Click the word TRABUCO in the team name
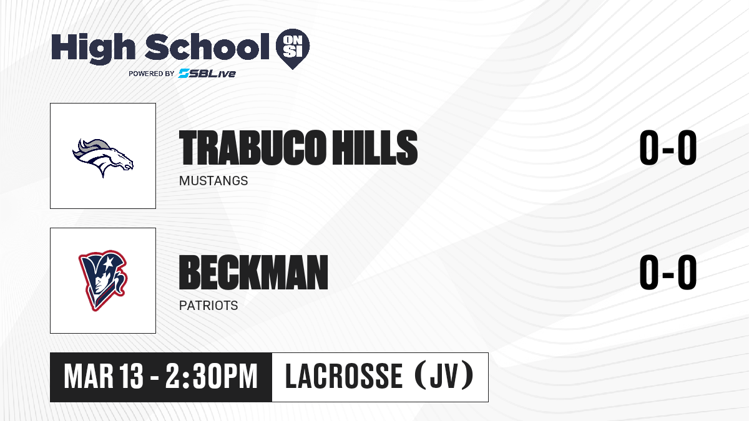click(x=252, y=148)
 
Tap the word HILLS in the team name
click(x=375, y=148)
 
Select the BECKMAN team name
click(x=253, y=273)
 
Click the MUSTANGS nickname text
click(x=213, y=181)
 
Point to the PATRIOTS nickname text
click(x=208, y=306)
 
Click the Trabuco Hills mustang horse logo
click(x=103, y=158)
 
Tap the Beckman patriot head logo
click(x=103, y=281)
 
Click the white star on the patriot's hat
click(x=107, y=263)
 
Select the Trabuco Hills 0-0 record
click(x=668, y=148)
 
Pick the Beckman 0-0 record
click(x=668, y=273)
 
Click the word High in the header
click(x=94, y=48)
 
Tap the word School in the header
click(x=207, y=47)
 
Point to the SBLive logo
click(x=207, y=73)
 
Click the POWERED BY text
click(x=152, y=74)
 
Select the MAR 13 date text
click(x=104, y=377)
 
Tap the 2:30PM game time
click(x=212, y=377)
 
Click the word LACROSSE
click(x=344, y=377)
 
